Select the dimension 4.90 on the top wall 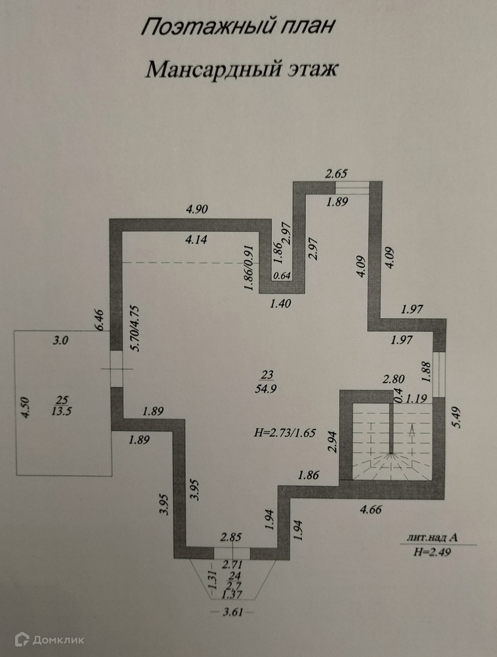[197, 210]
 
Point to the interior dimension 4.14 [196, 240]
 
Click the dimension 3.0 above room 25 [61, 340]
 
